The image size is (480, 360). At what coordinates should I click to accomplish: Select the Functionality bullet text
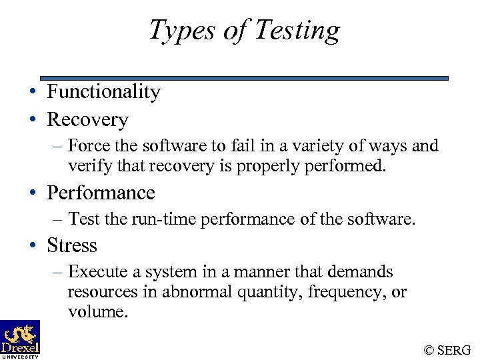[103, 92]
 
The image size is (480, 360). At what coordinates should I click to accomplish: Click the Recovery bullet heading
[87, 120]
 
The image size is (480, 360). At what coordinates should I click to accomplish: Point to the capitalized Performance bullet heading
[101, 193]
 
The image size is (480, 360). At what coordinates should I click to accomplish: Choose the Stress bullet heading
[72, 246]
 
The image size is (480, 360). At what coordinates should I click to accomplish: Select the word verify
[85, 165]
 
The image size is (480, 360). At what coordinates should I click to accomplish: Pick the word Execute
[94, 272]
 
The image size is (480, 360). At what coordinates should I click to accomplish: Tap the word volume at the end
[97, 312]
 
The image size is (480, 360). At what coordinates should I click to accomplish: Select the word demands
[363, 272]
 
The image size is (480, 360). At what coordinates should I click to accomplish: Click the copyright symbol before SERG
[428, 350]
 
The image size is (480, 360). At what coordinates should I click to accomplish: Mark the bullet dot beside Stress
[33, 247]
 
